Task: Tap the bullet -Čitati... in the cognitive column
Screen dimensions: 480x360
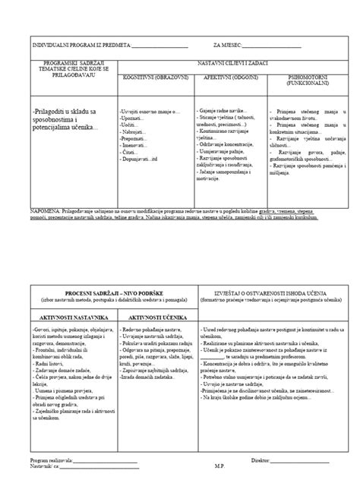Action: coord(129,151)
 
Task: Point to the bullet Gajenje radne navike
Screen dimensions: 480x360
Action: coord(223,111)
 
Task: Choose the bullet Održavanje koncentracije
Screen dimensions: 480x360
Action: coord(231,145)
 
